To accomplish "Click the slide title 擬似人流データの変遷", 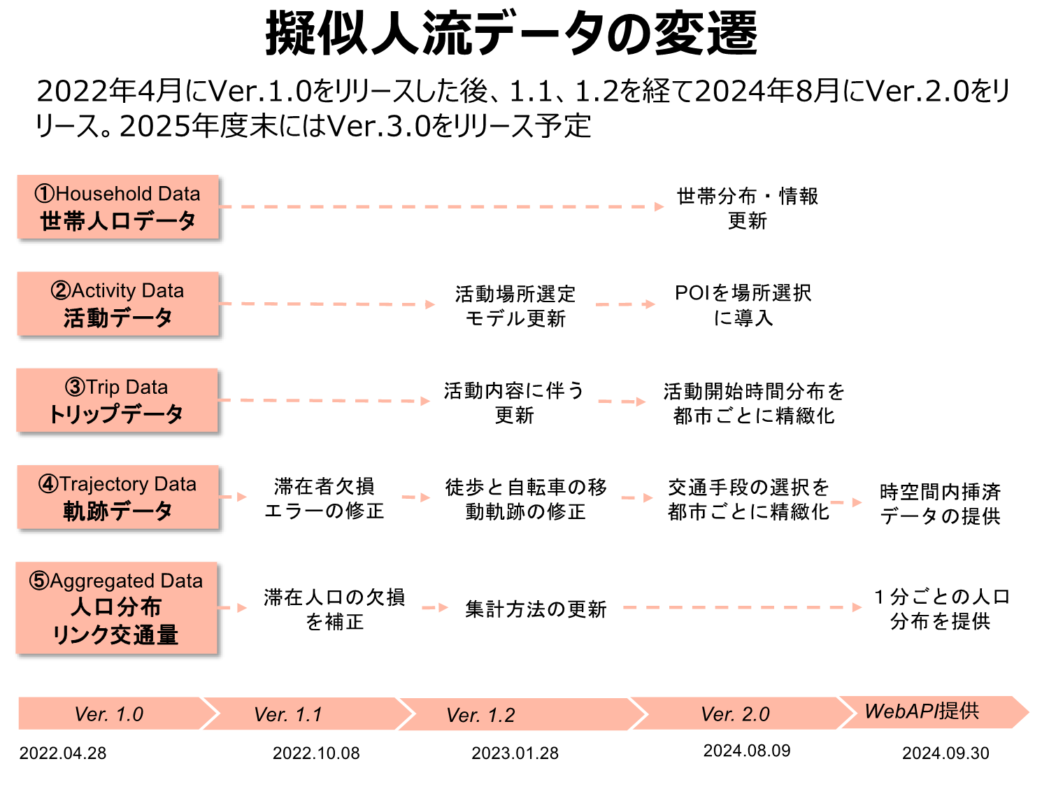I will click(x=511, y=34).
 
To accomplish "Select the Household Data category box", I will click(x=118, y=207).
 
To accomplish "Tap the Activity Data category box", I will click(x=118, y=304).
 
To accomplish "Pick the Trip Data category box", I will click(x=117, y=401).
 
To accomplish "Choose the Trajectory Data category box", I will click(x=118, y=497).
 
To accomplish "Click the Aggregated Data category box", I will click(x=117, y=608).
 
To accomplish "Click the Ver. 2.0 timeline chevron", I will click(x=738, y=714).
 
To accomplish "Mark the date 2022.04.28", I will click(x=63, y=753).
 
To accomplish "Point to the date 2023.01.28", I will click(x=515, y=753).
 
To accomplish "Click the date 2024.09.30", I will click(x=945, y=753).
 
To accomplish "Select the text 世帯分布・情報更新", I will click(x=748, y=208).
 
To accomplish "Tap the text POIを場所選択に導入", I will click(x=743, y=305).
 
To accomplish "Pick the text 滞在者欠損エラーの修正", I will click(x=324, y=498).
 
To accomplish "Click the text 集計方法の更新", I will click(x=536, y=609).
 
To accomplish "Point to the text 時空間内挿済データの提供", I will click(x=940, y=504).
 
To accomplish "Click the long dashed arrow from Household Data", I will click(x=441, y=207).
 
